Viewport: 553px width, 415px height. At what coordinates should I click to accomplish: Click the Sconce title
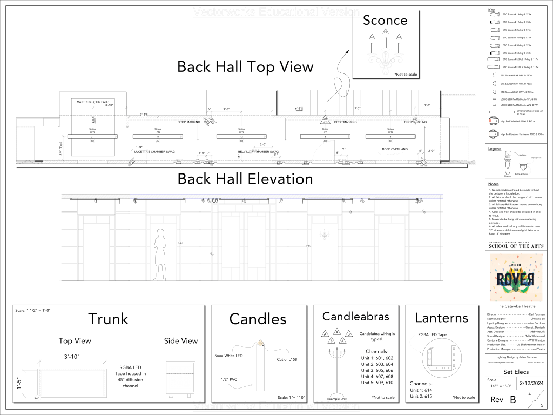point(385,21)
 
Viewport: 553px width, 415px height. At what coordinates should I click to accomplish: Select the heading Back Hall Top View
point(245,66)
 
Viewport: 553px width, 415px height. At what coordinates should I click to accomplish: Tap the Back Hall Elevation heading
point(245,178)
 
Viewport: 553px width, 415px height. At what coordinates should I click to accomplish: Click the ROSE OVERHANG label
point(395,149)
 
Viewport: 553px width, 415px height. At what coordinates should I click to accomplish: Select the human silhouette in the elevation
point(160,254)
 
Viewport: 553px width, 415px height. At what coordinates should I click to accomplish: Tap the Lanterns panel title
point(441,318)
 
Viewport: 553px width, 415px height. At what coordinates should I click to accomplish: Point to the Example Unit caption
point(337,399)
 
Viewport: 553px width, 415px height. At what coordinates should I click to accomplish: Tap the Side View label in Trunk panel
point(181,340)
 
